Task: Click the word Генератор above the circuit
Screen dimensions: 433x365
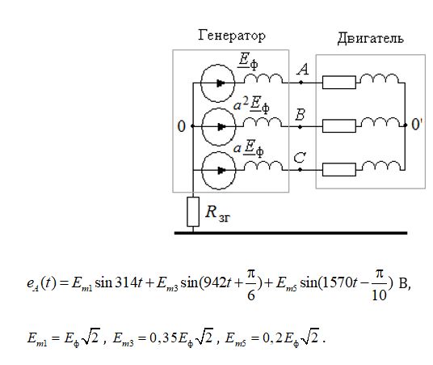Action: [x=232, y=36]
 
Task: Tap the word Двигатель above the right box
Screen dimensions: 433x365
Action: [x=370, y=38]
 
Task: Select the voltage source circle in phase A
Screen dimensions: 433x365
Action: [x=201, y=83]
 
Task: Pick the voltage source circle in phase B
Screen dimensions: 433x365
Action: [x=202, y=126]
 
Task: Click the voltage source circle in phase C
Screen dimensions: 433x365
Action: [x=202, y=170]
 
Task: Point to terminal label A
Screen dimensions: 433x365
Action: [x=303, y=69]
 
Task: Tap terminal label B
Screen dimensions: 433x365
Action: [x=301, y=114]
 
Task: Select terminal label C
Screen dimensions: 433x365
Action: [x=300, y=158]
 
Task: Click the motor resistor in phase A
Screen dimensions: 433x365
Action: [x=339, y=83]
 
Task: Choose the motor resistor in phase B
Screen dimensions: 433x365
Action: [x=339, y=126]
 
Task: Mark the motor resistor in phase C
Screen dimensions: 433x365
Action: [x=339, y=170]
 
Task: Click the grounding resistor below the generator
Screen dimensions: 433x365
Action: [x=193, y=212]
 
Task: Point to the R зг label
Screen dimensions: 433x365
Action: [x=218, y=214]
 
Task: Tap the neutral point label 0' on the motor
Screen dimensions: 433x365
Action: [x=417, y=125]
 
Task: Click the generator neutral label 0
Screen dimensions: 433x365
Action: [x=181, y=126]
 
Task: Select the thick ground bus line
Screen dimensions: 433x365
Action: [x=291, y=233]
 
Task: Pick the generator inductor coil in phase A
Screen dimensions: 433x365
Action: [x=263, y=79]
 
